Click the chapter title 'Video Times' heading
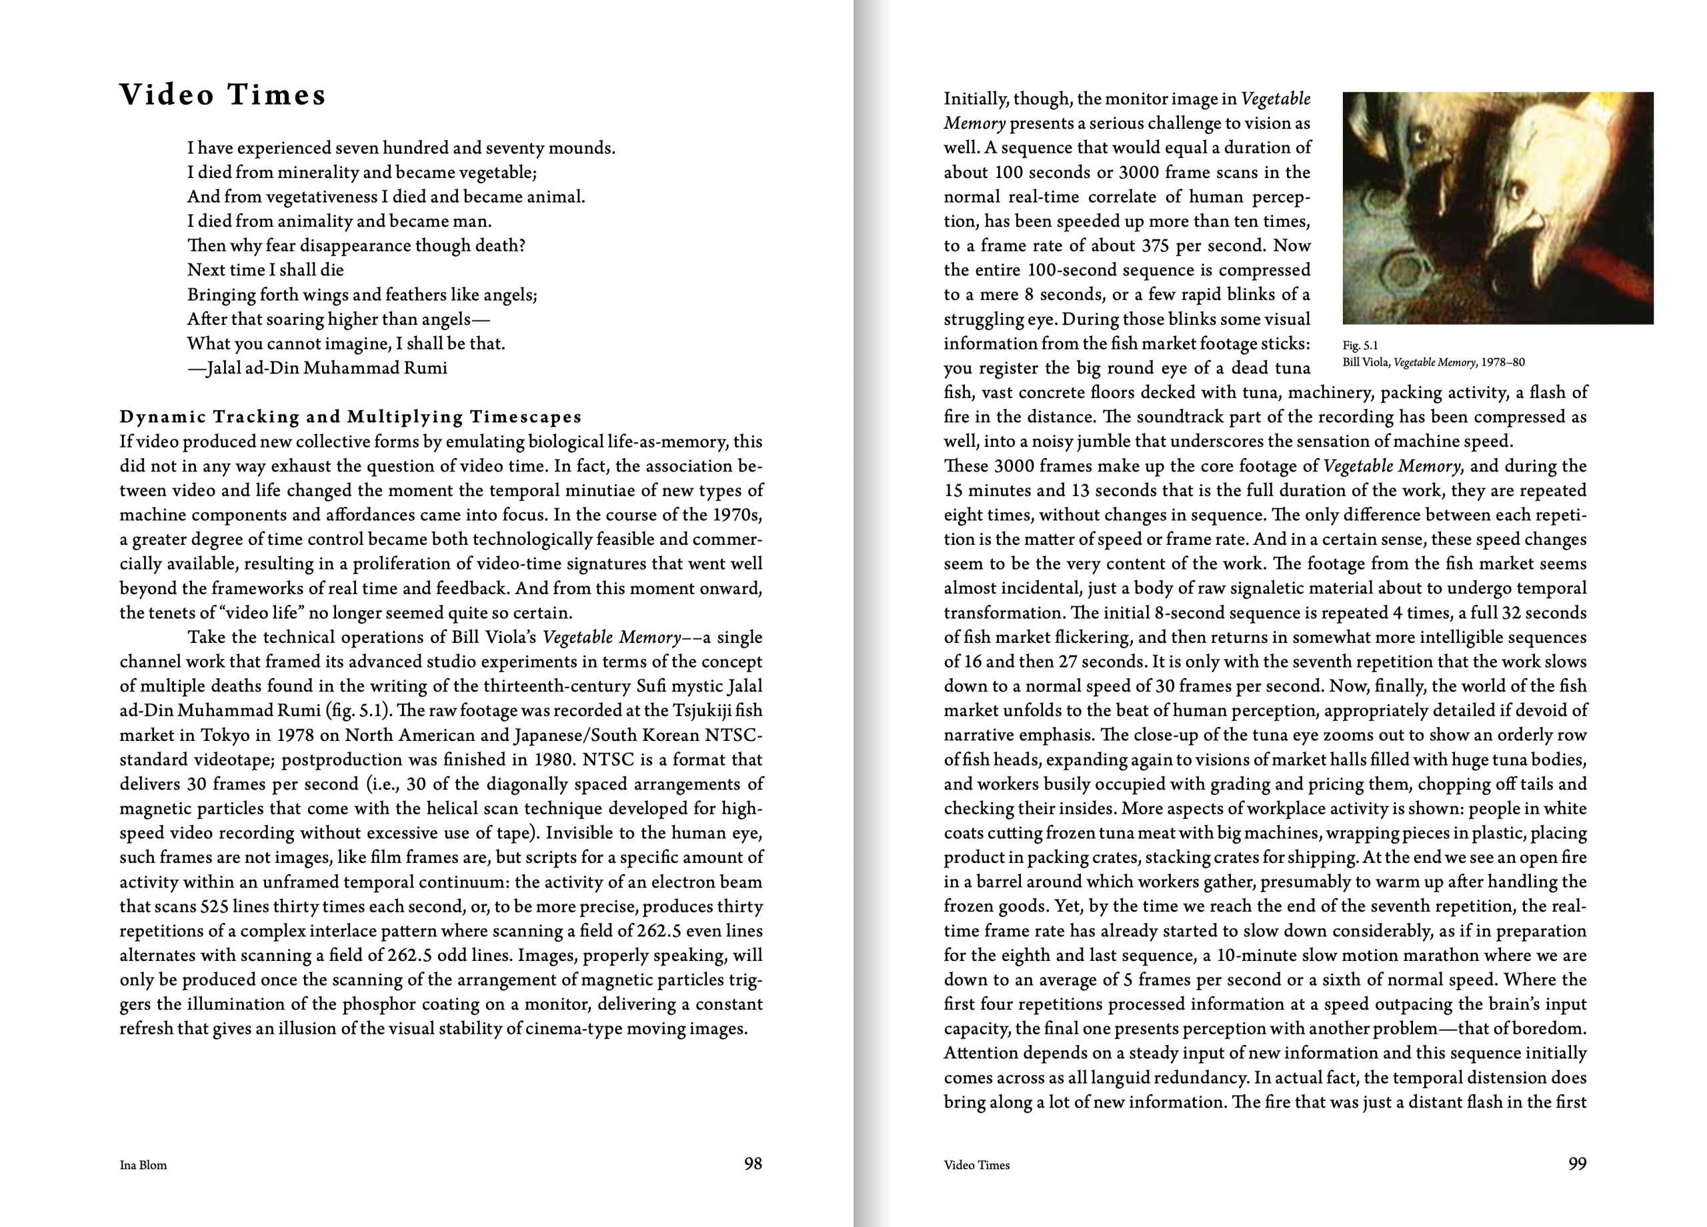(x=223, y=95)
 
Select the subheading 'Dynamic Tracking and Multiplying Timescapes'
(x=351, y=417)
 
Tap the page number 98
(x=753, y=1164)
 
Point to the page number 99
(x=1577, y=1164)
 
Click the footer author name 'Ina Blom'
(x=143, y=1165)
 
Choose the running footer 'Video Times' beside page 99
(x=976, y=1165)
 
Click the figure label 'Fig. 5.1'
(x=1360, y=346)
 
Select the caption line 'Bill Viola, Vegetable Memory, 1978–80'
(x=1433, y=362)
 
